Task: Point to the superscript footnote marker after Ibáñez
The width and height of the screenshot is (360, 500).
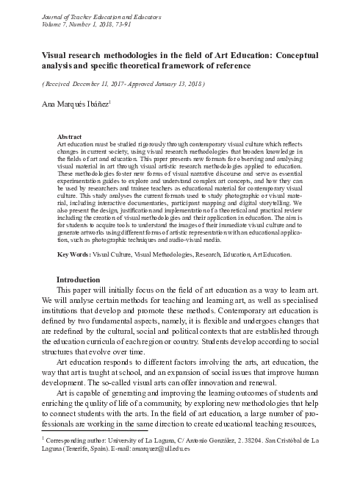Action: [x=110, y=101]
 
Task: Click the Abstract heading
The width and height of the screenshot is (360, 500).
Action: [x=69, y=137]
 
